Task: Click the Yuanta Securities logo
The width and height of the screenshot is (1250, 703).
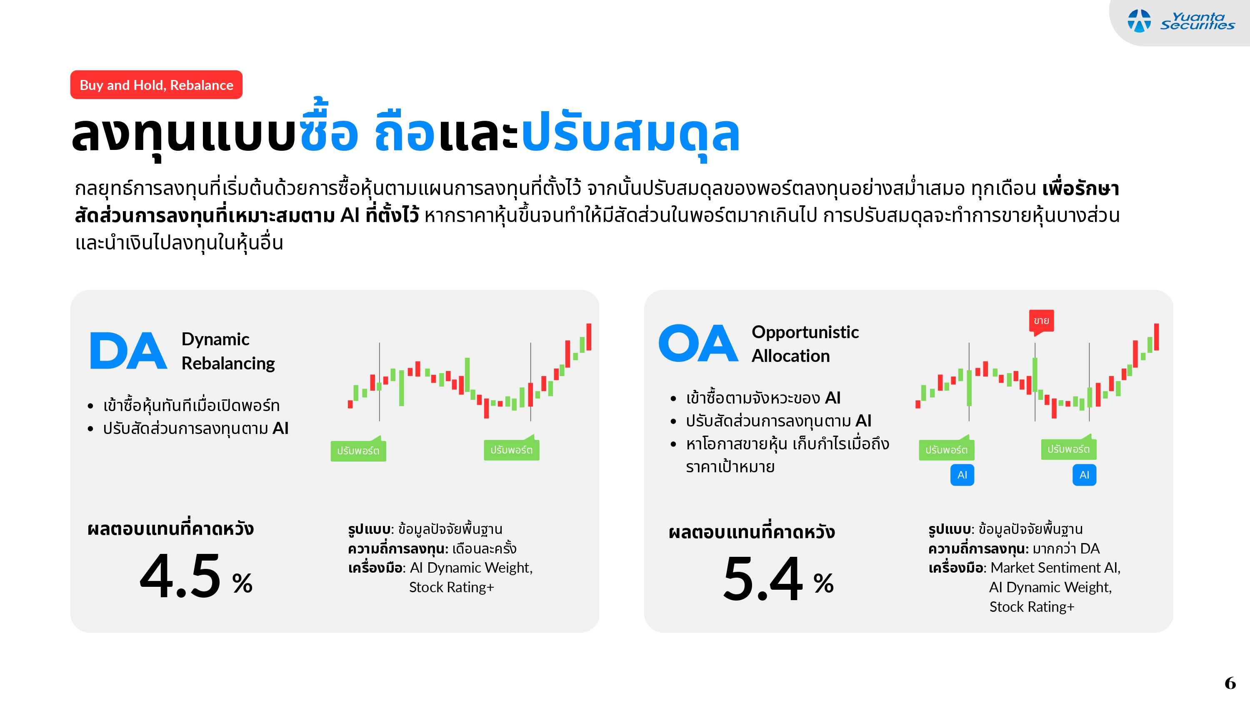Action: (1180, 21)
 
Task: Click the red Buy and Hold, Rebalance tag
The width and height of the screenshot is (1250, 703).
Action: (156, 85)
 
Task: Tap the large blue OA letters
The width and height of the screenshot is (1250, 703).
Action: (698, 343)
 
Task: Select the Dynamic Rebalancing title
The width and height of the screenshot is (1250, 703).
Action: (228, 351)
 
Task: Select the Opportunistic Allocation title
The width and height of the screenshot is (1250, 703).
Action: (805, 344)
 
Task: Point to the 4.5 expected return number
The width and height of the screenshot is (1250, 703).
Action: (180, 576)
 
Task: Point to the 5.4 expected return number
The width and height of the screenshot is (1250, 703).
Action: (763, 579)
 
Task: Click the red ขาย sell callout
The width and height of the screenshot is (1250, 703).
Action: (1041, 321)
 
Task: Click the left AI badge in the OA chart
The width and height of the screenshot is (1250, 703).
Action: (962, 475)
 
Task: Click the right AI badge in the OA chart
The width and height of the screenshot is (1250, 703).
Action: (1084, 475)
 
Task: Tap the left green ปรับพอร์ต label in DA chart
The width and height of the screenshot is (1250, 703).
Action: (358, 451)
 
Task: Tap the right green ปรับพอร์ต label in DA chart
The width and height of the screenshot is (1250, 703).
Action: (511, 450)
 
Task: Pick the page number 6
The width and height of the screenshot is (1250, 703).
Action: (1230, 683)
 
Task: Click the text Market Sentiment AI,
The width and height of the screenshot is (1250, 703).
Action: (1055, 568)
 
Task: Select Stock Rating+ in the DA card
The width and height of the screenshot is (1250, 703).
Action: (451, 587)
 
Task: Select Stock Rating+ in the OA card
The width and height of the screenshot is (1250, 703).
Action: (1032, 606)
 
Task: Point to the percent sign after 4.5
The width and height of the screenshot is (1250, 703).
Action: (242, 583)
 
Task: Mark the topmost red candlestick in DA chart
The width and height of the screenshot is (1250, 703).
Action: (589, 337)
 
